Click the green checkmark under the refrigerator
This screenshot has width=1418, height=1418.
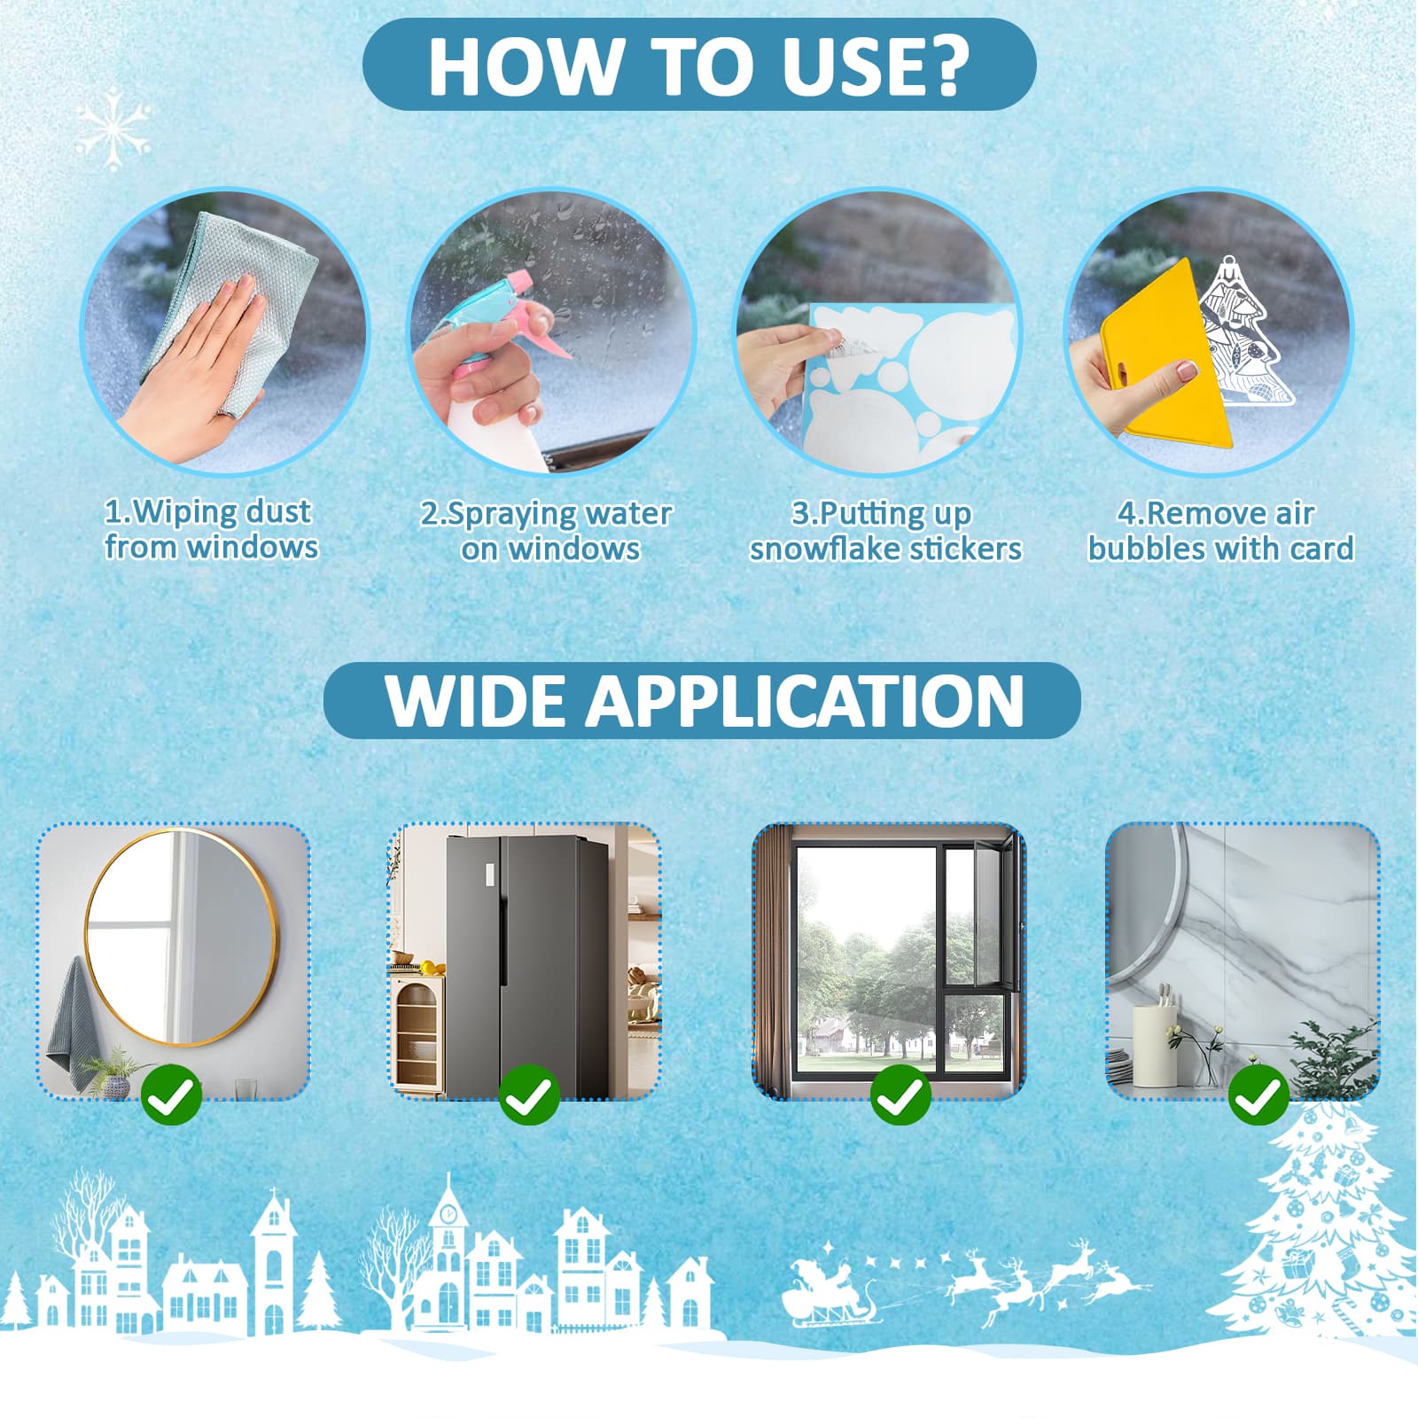(x=529, y=1095)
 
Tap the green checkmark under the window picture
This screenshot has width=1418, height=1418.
(x=900, y=1095)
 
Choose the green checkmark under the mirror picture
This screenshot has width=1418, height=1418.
(x=171, y=1095)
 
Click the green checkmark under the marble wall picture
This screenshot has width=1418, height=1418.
(x=1258, y=1095)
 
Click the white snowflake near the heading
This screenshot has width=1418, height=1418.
(x=114, y=129)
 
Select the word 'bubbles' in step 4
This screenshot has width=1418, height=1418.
(x=1142, y=549)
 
